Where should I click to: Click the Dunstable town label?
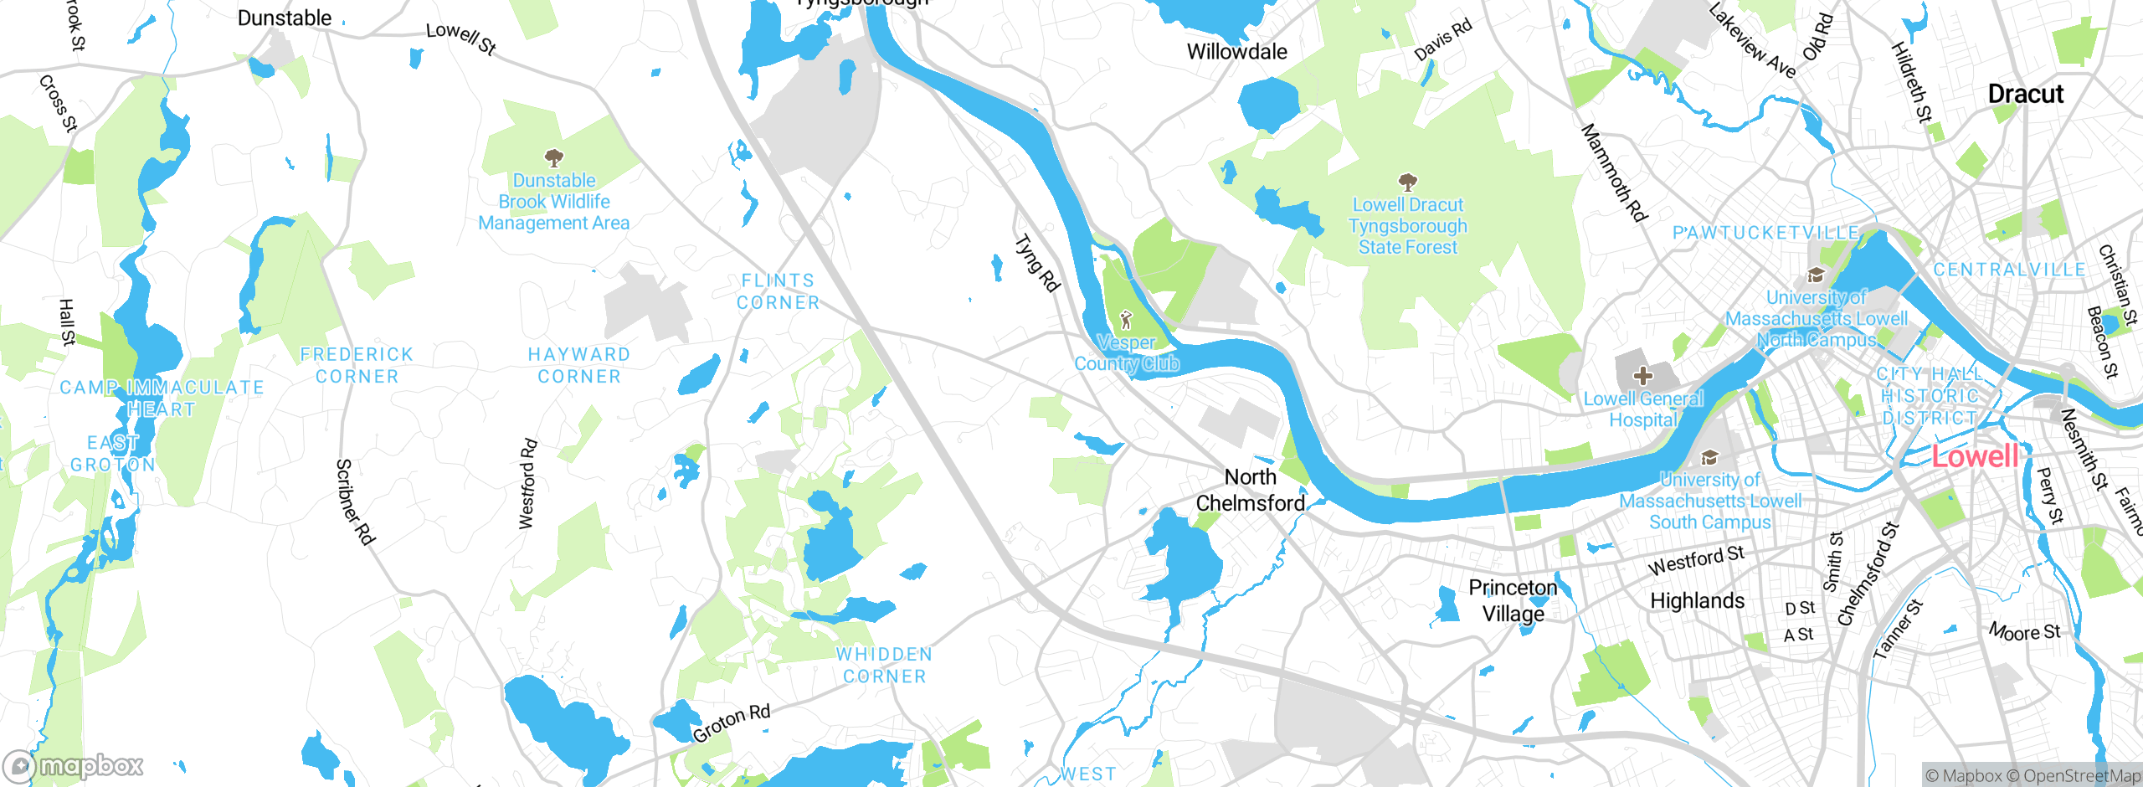285,18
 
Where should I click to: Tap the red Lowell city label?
1975,456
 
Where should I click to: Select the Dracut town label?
2025,94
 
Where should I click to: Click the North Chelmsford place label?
1250,490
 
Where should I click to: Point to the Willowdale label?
1236,52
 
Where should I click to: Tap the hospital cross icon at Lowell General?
1642,375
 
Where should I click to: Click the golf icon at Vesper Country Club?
1126,320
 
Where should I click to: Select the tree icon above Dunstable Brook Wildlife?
553,157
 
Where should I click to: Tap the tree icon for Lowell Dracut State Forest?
1408,182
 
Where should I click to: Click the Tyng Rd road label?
1037,264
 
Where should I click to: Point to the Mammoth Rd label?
1613,173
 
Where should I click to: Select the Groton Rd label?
731,723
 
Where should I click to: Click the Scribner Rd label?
355,502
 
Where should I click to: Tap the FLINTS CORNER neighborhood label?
778,291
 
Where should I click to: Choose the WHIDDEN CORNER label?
884,665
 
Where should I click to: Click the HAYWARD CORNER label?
578,365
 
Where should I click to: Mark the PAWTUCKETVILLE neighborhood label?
1765,233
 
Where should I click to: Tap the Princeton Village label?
1513,600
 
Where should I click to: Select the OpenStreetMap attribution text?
2081,776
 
